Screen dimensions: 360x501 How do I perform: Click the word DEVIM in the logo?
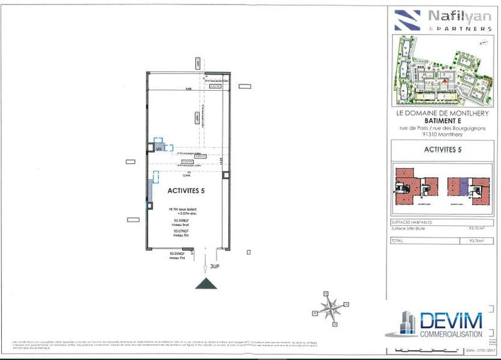(451, 321)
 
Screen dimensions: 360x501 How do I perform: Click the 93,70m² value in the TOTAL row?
(484, 240)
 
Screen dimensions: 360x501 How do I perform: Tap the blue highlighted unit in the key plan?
(463, 184)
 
